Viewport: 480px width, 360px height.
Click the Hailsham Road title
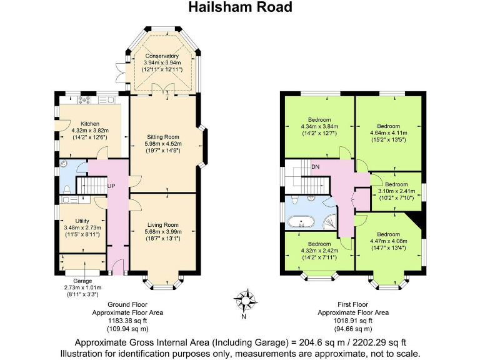[x=240, y=8]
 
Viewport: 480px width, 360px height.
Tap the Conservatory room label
[x=162, y=56]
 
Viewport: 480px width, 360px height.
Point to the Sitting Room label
[x=163, y=136]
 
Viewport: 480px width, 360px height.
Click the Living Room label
[x=163, y=225]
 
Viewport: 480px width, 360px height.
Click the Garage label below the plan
[x=82, y=281]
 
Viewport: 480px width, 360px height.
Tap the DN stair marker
[x=316, y=167]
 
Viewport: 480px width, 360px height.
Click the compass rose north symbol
[x=249, y=299]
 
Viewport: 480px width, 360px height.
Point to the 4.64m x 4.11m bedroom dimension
[x=388, y=132]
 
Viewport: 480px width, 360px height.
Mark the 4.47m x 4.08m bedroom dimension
[x=388, y=242]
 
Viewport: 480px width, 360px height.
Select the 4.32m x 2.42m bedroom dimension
[x=319, y=251]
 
